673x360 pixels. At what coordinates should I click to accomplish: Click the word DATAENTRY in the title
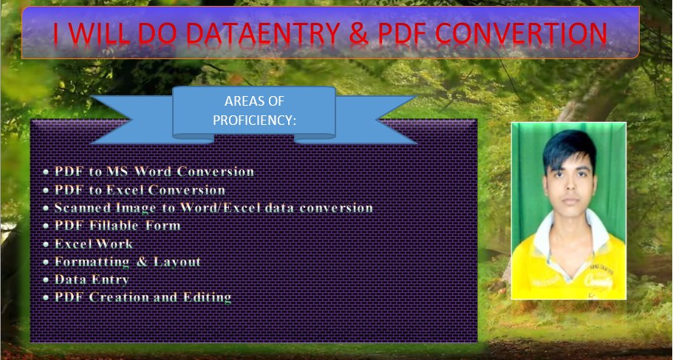[x=264, y=33]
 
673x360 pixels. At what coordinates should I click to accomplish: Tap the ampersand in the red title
[x=359, y=33]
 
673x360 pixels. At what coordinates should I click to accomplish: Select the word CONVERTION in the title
[x=521, y=33]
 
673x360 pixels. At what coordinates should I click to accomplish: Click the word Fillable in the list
[x=114, y=225]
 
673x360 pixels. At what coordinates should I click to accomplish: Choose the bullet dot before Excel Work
[x=46, y=245]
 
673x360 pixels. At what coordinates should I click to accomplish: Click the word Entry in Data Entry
[x=109, y=279]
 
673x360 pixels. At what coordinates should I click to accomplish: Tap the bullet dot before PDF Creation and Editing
[x=46, y=298]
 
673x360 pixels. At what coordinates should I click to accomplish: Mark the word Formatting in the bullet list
[x=92, y=262]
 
